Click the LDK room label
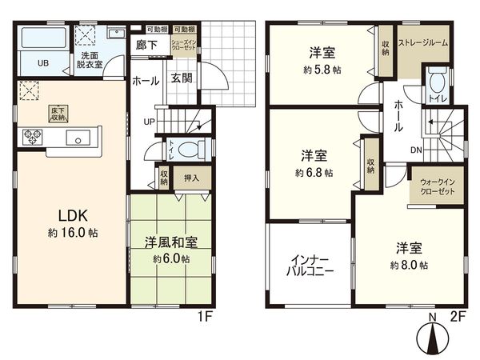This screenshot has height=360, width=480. click(77, 214)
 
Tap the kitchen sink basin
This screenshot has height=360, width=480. click(79, 139)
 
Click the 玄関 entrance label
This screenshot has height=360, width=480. click(179, 78)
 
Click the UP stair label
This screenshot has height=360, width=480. click(150, 122)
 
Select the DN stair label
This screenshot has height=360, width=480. click(417, 150)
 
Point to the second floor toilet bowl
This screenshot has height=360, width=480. click(436, 81)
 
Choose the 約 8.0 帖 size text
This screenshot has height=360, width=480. click(409, 265)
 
